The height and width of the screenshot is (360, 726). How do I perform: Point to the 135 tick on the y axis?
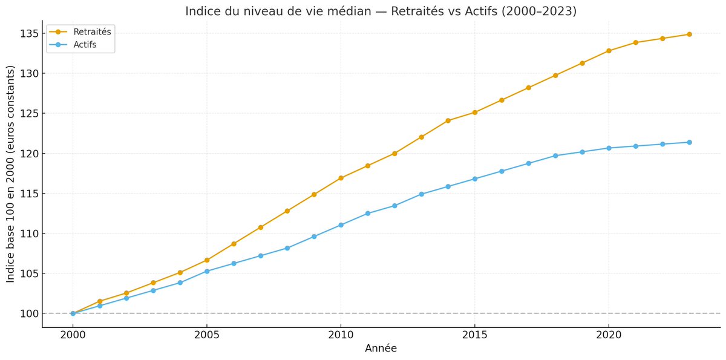28,33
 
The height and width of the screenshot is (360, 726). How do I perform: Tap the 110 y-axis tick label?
28,234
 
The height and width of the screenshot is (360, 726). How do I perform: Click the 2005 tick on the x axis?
207,333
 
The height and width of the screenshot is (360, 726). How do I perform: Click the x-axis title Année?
381,349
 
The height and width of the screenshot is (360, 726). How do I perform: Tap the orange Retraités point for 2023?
689,34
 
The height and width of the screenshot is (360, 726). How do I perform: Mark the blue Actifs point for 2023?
689,142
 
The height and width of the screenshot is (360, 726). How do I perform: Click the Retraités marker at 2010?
341,178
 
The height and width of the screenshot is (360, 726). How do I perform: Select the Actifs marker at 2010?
341,225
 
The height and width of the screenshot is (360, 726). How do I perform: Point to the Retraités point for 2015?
475,113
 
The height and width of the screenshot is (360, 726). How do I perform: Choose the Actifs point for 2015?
475,178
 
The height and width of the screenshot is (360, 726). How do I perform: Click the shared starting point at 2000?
73,313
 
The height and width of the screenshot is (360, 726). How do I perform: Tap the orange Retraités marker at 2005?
207,260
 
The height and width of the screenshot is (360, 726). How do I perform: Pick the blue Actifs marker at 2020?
609,148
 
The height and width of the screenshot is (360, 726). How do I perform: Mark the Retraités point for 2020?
609,51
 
